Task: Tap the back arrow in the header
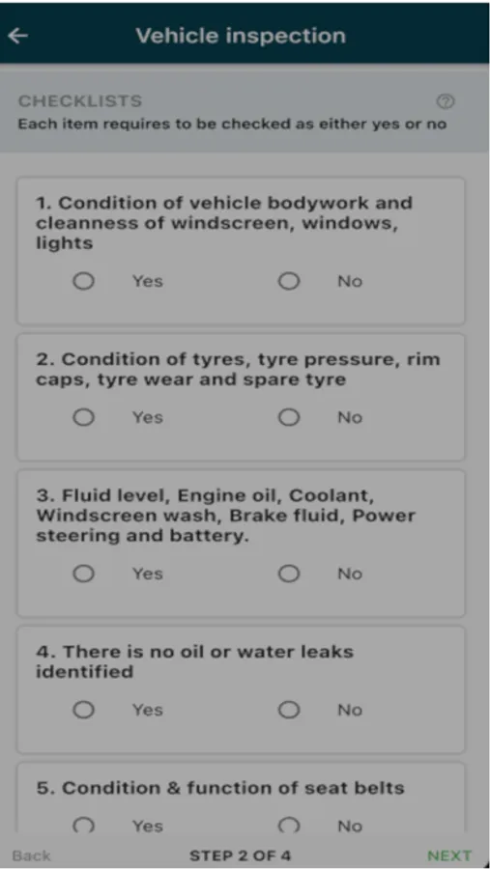pos(17,36)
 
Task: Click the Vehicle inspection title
pos(241,36)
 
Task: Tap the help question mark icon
pos(446,101)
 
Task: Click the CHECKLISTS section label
pos(80,100)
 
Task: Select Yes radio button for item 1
pos(84,282)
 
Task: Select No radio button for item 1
pos(289,282)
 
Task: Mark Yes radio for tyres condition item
pos(84,417)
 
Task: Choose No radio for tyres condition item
pos(289,417)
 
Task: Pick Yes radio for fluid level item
pos(84,574)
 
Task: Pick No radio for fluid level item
pos(289,574)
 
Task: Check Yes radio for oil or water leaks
pos(84,710)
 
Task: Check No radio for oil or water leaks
pos(289,710)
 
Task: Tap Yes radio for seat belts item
pos(84,826)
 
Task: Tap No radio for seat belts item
pos(289,826)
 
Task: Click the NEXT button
pos(449,855)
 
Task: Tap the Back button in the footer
pos(31,855)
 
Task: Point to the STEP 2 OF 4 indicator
pos(241,855)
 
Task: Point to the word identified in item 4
pos(85,672)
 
